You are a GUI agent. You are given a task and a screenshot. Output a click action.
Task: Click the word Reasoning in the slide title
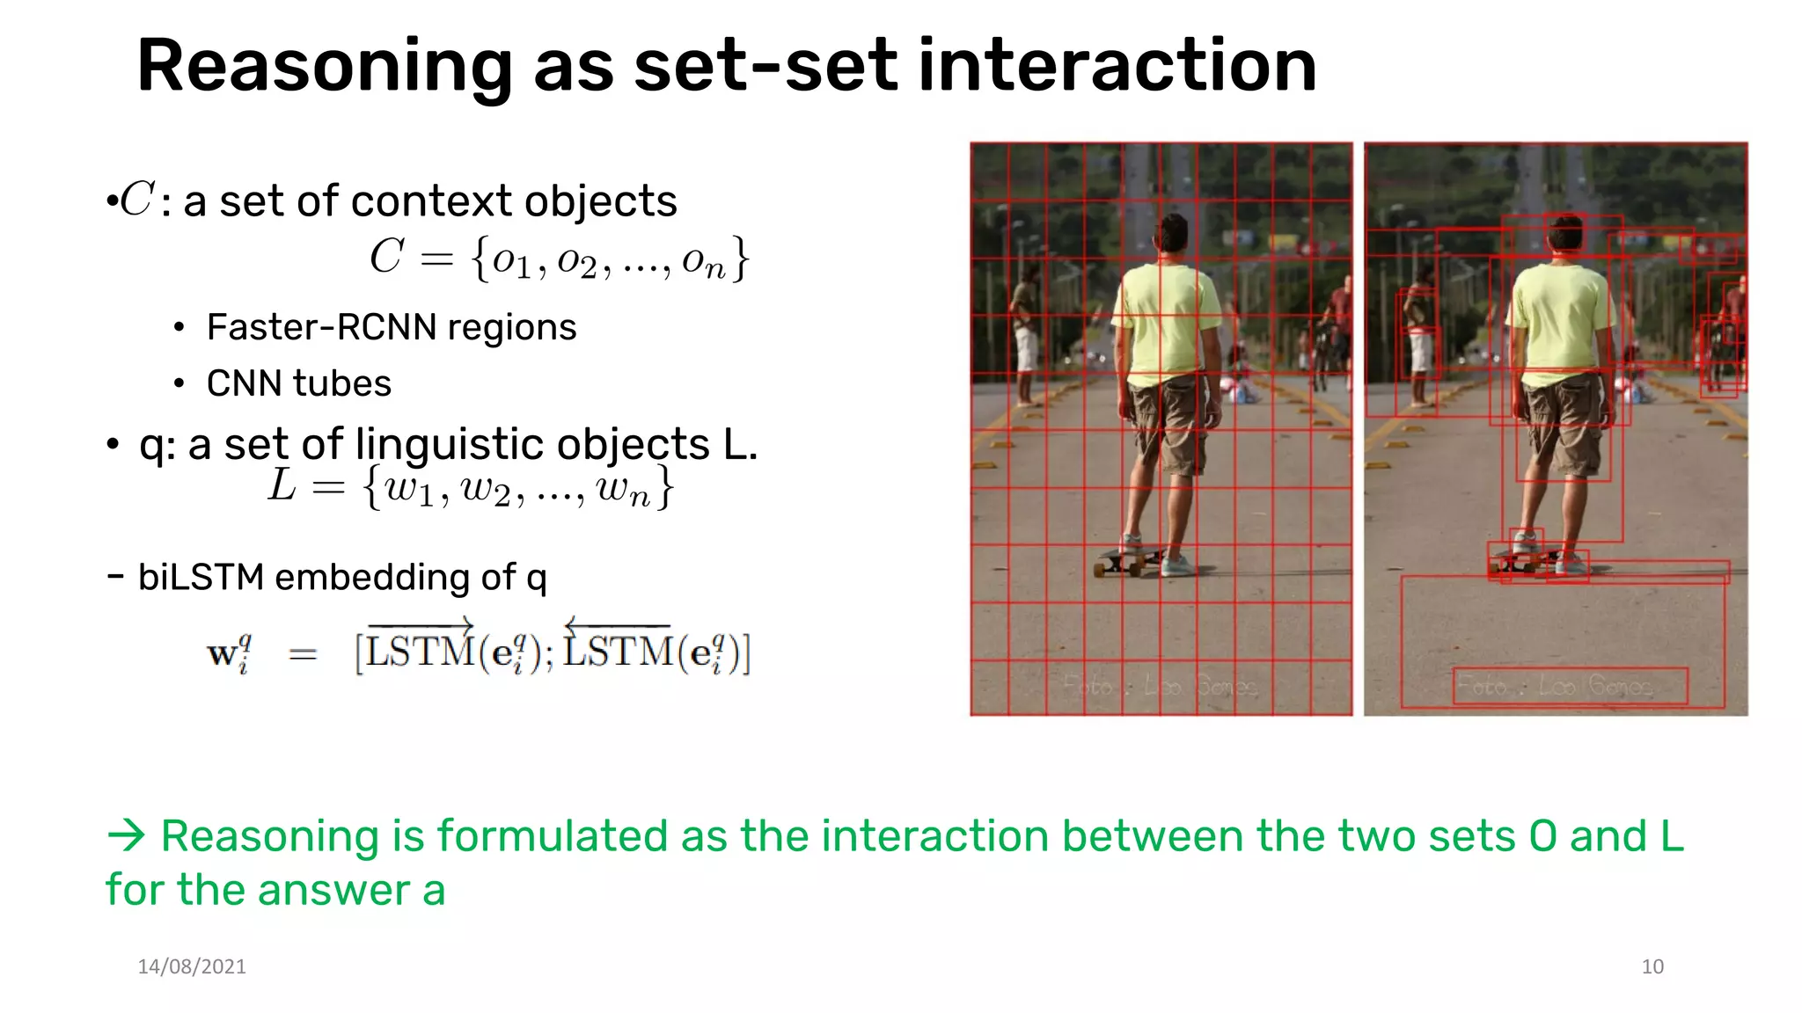[x=324, y=67]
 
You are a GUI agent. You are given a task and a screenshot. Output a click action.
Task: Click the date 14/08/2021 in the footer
[x=192, y=966]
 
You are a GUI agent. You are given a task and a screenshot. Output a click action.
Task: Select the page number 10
[x=1652, y=966]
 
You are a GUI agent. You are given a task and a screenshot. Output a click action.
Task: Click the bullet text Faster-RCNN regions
[x=391, y=327]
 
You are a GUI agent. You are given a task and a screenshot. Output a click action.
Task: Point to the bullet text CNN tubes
[x=298, y=383]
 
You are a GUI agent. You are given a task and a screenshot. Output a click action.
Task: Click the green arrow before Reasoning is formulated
[x=126, y=834]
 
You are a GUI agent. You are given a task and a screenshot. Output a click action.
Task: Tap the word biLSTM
[x=201, y=578]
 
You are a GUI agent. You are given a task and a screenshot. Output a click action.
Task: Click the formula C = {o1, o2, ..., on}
[x=560, y=259]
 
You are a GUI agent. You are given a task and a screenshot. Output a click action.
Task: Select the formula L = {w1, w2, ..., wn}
[x=472, y=487]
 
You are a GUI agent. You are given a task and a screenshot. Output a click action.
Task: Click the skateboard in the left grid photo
[x=1126, y=561]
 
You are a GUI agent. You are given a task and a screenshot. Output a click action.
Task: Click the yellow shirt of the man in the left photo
[x=1166, y=317]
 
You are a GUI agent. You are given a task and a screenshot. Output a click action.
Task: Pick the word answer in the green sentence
[x=334, y=890]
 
